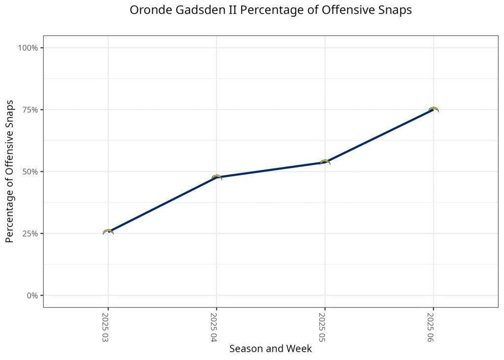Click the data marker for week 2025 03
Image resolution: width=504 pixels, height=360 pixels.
click(108, 231)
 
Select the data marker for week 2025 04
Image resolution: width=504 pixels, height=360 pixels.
click(217, 177)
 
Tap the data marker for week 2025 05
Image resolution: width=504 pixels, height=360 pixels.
click(325, 162)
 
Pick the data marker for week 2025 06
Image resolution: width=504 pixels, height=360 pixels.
click(433, 109)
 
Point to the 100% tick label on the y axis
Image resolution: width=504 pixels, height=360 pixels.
click(28, 48)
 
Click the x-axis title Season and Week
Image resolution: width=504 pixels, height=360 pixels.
click(271, 349)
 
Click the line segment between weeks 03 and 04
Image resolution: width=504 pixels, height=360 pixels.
click(162, 204)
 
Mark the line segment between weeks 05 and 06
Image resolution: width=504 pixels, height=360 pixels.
click(379, 136)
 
